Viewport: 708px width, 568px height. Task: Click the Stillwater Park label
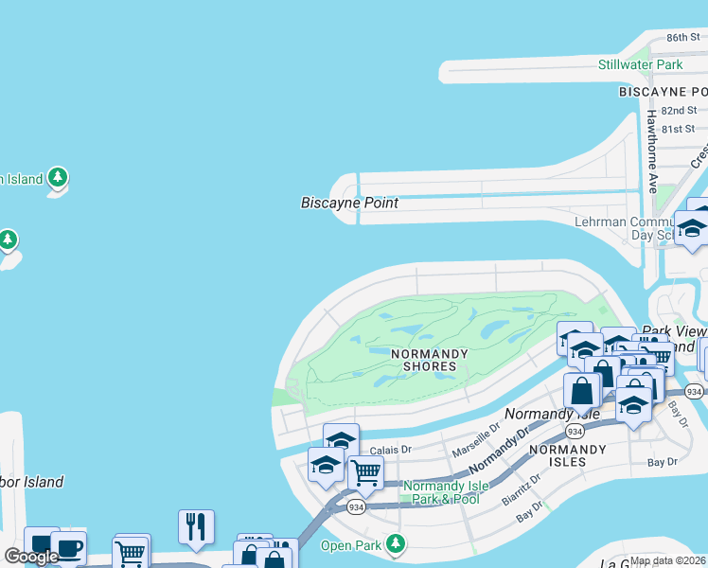(640, 64)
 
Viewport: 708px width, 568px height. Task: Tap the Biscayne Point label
(349, 203)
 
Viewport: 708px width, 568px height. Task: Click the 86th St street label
(681, 37)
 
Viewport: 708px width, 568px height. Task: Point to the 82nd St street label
(679, 110)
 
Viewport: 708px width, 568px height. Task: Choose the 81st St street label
(679, 128)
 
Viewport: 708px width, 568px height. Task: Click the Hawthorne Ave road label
(652, 151)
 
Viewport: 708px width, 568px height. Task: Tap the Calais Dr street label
(390, 450)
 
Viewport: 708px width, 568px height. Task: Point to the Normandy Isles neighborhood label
(558, 455)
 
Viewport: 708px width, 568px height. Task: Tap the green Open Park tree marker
(397, 544)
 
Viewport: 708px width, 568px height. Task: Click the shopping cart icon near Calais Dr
(365, 472)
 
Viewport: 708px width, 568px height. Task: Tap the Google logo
(31, 557)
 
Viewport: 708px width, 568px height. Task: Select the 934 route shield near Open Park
(356, 507)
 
